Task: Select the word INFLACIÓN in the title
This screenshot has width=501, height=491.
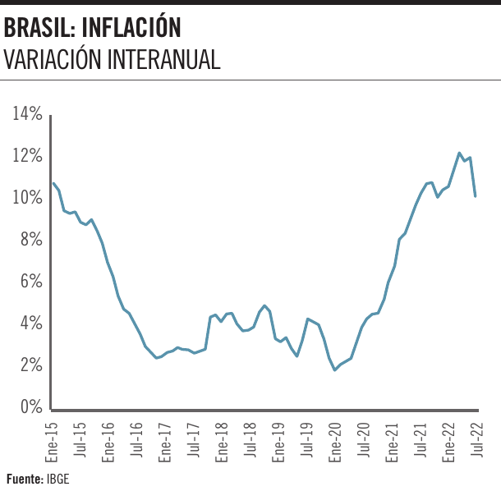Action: click(136, 29)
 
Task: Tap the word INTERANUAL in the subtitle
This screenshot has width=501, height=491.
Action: click(163, 60)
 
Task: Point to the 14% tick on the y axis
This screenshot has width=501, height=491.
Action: click(27, 113)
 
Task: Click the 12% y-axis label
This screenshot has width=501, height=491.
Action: click(27, 155)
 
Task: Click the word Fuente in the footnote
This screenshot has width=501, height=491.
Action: click(24, 478)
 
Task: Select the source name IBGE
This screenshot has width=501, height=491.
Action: click(57, 478)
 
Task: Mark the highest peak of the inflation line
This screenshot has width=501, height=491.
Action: click(459, 153)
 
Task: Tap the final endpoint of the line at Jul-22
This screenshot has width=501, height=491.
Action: click(476, 195)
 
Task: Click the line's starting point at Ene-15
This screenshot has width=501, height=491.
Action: click(53, 183)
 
